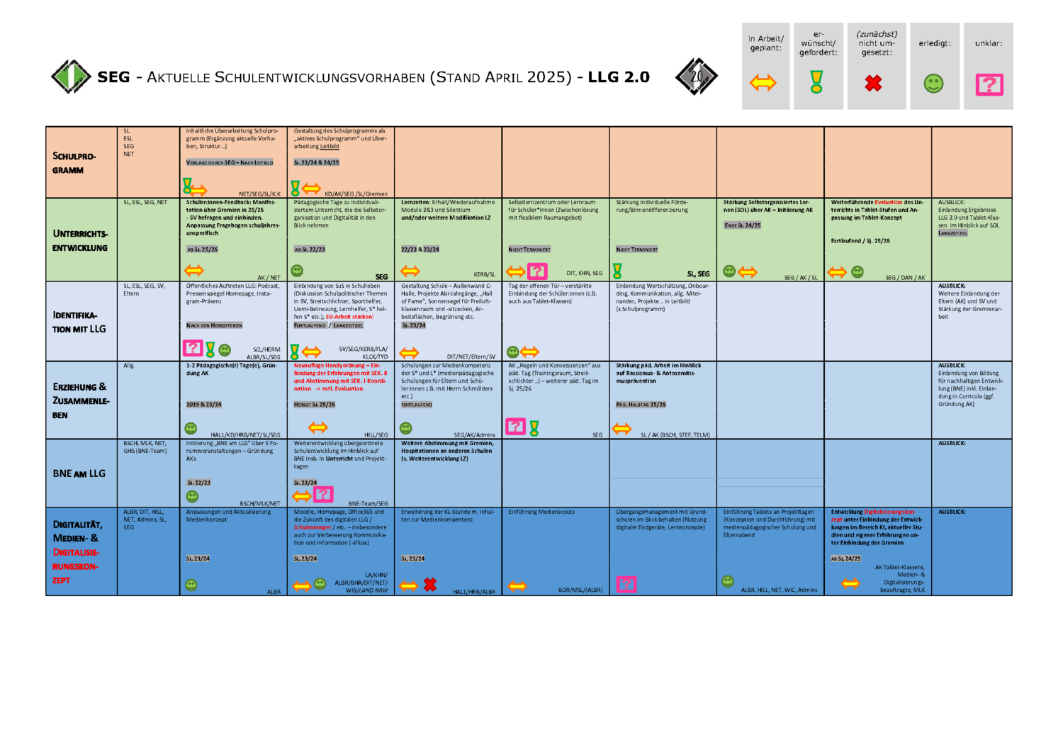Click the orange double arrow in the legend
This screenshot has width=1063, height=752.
point(763,83)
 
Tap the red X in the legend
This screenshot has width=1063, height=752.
point(873,84)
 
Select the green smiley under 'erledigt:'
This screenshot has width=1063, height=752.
point(933,84)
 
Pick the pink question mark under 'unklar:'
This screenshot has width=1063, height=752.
point(989,84)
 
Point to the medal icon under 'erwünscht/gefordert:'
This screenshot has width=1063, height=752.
point(816,82)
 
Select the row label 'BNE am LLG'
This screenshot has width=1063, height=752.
point(79,473)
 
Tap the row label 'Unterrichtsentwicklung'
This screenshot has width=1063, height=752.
point(79,240)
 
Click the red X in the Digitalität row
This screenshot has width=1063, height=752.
point(430,585)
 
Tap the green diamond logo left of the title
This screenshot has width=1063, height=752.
point(71,77)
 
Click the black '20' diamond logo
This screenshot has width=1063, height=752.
point(696,77)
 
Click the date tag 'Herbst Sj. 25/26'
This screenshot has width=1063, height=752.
point(315,405)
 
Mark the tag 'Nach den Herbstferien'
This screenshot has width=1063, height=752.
point(214,325)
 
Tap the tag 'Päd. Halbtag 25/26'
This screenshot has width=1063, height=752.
point(641,405)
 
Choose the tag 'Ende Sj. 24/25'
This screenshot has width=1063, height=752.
point(742,225)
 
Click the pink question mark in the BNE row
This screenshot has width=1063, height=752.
point(323,494)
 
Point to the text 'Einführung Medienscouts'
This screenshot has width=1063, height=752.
point(541,512)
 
